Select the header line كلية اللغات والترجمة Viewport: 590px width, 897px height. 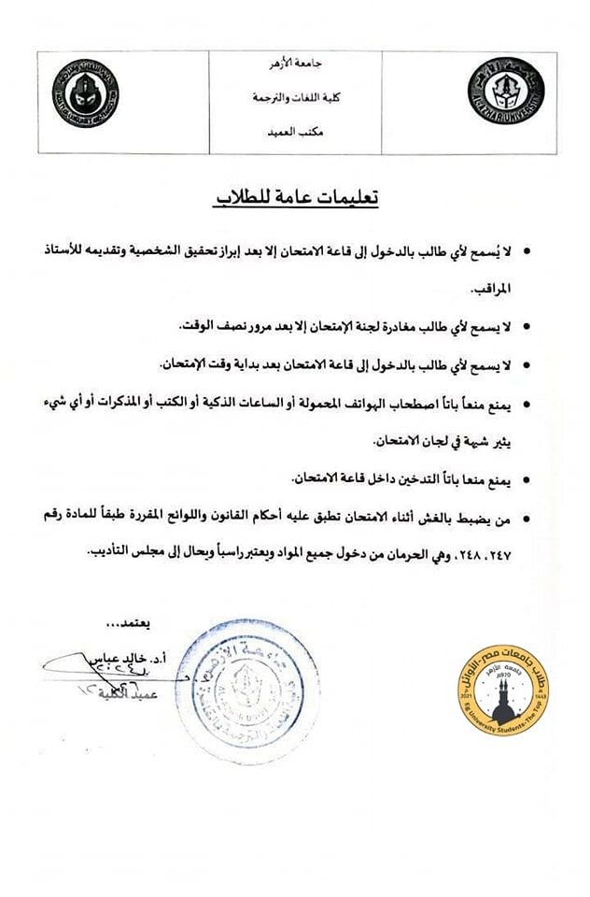click(294, 97)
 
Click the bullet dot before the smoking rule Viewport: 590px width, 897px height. click(527, 480)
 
